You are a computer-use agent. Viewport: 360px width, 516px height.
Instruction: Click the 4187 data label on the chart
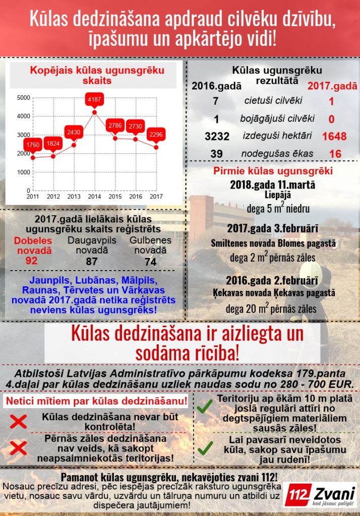point(94,100)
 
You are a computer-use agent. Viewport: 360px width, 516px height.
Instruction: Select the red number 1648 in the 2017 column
point(334,137)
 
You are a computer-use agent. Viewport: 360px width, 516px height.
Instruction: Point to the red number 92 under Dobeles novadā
point(32,261)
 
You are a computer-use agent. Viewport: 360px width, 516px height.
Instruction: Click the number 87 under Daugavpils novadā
point(92,261)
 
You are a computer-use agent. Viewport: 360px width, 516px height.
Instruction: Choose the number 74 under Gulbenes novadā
point(150,261)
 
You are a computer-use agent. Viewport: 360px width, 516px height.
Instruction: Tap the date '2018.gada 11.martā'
point(273,184)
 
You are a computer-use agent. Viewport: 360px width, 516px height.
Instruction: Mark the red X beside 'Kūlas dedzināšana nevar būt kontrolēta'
point(18,421)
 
